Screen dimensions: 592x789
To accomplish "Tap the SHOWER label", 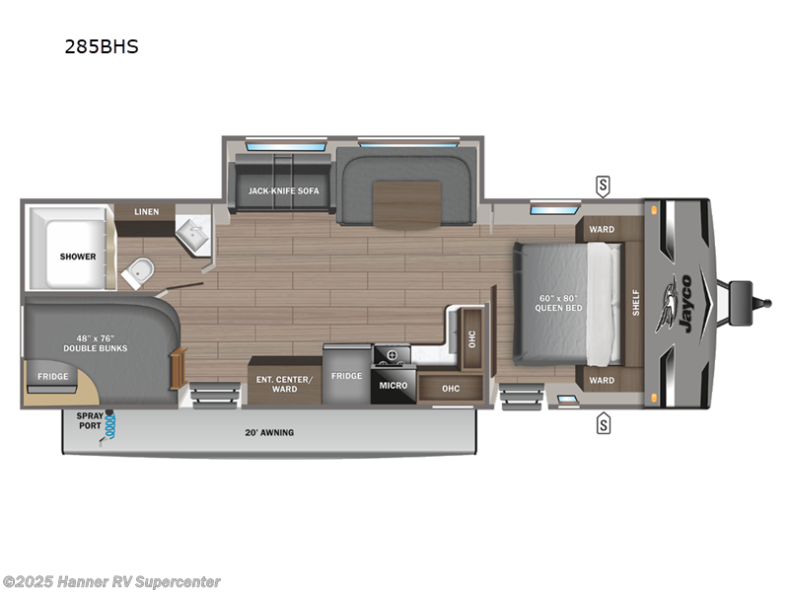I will pyautogui.click(x=78, y=257).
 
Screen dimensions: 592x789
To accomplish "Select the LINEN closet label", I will pyautogui.click(x=146, y=212).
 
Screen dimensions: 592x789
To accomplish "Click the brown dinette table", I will pyautogui.click(x=408, y=203).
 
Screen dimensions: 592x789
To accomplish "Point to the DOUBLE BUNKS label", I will pyautogui.click(x=96, y=342).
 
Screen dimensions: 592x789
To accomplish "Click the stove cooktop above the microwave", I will pyautogui.click(x=392, y=353).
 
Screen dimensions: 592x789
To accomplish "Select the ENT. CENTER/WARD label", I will pyautogui.click(x=284, y=384).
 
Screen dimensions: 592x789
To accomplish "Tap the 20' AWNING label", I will pyautogui.click(x=269, y=432).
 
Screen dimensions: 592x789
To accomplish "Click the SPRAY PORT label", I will pyautogui.click(x=89, y=421).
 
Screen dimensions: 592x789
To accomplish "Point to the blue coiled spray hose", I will pyautogui.click(x=110, y=425).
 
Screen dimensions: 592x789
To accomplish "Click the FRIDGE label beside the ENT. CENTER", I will pyautogui.click(x=346, y=376).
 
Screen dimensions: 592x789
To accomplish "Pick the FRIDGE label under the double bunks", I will pyautogui.click(x=52, y=376).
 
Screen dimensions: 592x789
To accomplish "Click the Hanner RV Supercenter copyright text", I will pyautogui.click(x=111, y=582).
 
